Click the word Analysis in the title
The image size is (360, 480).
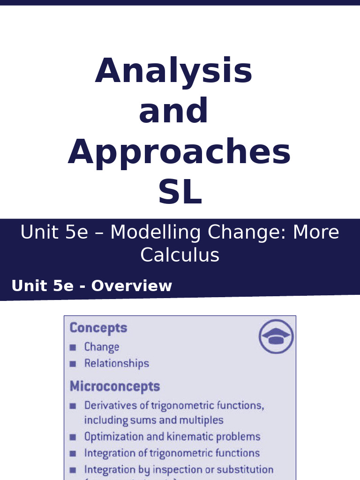pos(174,71)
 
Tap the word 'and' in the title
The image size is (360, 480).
pos(173,112)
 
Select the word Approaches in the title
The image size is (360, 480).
pos(179,152)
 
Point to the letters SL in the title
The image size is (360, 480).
pos(180,193)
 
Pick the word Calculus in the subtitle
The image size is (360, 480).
pos(180,255)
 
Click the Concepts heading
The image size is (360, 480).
pos(98,328)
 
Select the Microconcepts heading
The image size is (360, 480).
pos(115,387)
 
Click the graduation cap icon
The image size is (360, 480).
pos(276,337)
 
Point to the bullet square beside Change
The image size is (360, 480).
pos(73,347)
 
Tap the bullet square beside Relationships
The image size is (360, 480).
pos(73,364)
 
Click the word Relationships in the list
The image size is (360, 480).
pos(116,363)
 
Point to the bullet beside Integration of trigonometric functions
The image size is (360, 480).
pos(73,454)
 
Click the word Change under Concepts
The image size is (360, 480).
pos(101,347)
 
